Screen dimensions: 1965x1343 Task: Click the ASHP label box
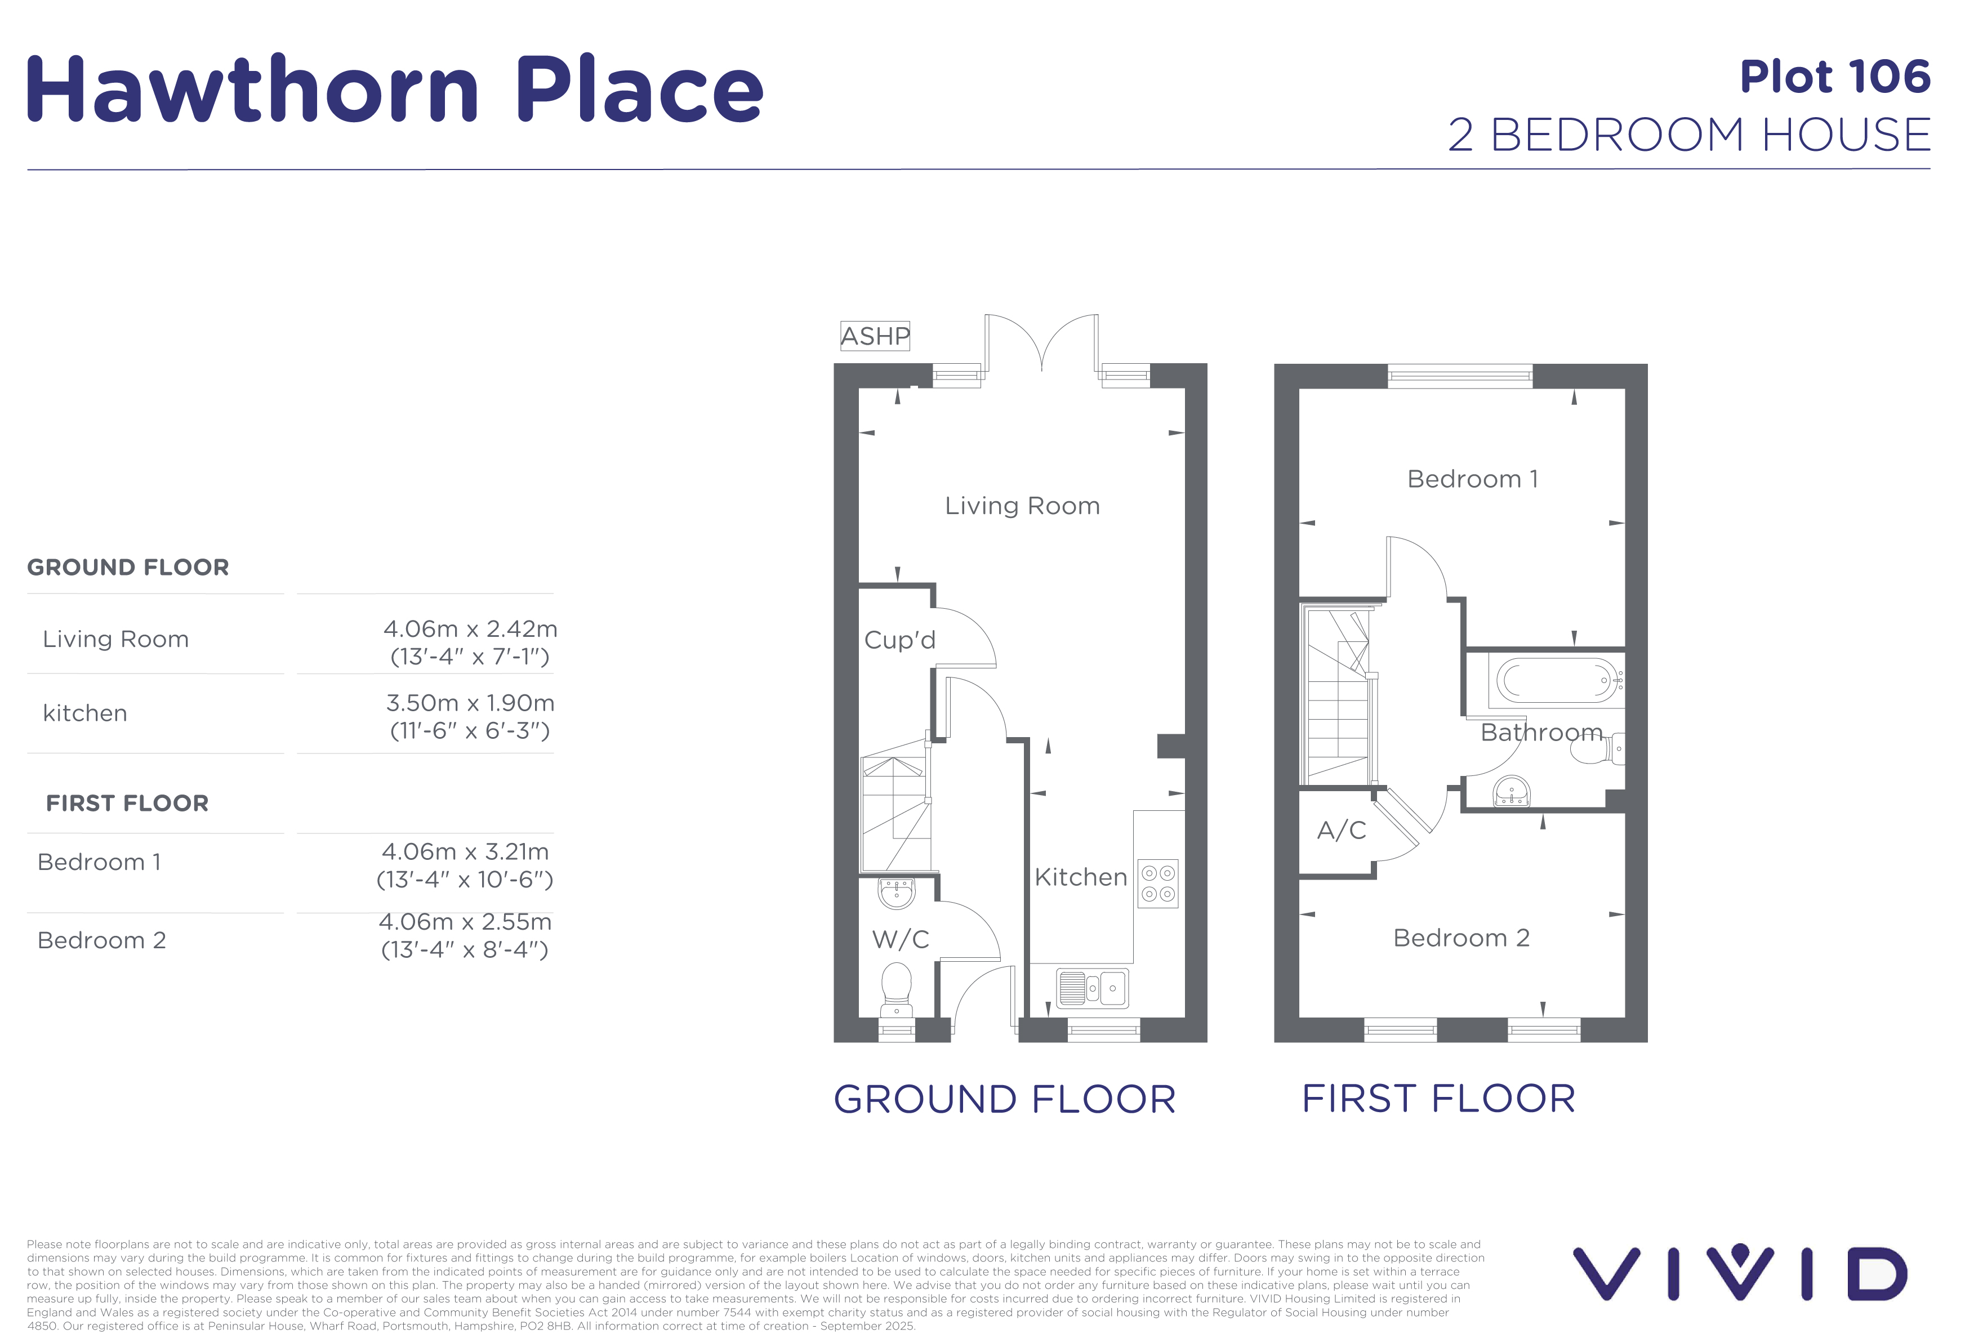[875, 336]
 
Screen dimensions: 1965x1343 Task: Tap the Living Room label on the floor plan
[1022, 506]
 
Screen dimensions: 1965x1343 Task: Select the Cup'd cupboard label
[899, 640]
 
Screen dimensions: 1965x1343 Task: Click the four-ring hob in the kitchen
[1157, 883]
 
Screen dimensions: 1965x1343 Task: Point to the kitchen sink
[1093, 987]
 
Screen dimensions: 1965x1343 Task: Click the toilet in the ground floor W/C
[896, 990]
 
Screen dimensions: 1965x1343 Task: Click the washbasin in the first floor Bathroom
[1511, 791]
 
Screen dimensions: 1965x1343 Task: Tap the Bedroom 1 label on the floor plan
[1472, 479]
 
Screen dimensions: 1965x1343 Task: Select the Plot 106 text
[1835, 77]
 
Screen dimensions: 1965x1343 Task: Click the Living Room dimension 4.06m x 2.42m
[470, 629]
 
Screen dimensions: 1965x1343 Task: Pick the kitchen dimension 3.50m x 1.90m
[470, 703]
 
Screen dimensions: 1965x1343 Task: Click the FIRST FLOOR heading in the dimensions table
[127, 803]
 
